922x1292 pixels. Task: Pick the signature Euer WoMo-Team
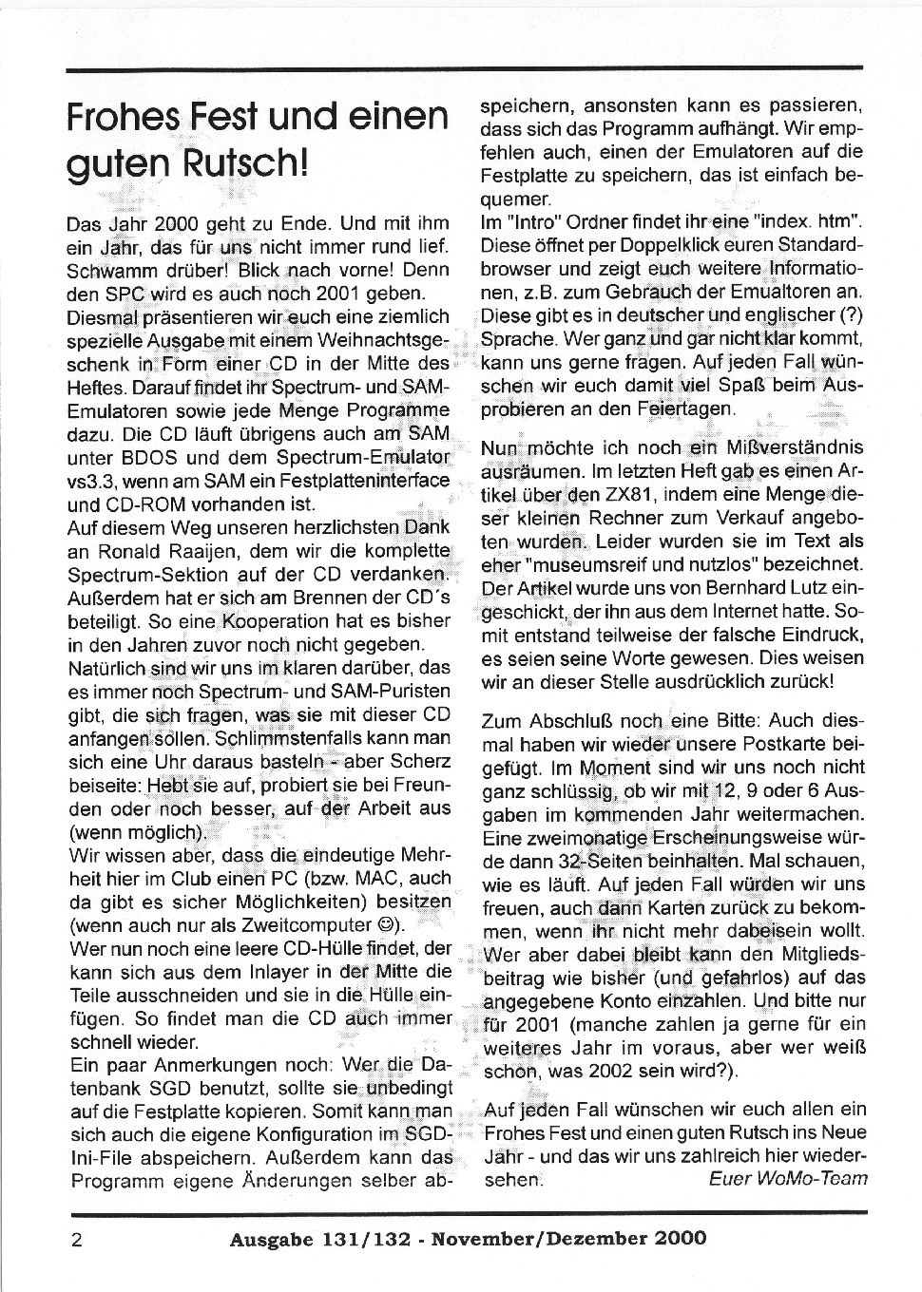pos(788,1178)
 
